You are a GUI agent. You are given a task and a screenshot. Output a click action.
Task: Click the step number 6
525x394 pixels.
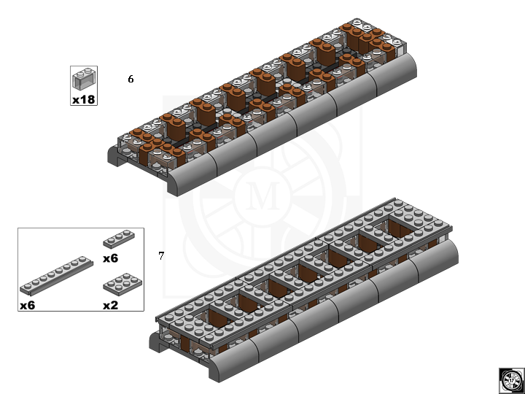(131, 79)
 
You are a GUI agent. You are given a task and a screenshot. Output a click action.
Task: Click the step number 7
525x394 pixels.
(161, 256)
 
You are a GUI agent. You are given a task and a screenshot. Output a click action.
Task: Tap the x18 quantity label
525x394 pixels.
(84, 99)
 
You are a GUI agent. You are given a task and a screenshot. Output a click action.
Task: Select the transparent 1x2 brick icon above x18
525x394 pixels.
(84, 79)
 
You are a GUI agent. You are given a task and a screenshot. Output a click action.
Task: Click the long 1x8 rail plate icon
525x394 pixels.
(56, 276)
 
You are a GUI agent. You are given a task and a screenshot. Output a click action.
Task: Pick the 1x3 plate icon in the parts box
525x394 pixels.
(119, 239)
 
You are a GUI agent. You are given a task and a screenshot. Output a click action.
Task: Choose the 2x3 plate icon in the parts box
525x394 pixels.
(122, 283)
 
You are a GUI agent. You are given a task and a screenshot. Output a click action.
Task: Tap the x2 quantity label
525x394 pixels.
(111, 305)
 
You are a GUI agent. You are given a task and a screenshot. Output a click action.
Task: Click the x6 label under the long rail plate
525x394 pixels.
(28, 305)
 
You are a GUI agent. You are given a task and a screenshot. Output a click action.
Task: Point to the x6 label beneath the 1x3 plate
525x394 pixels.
(111, 258)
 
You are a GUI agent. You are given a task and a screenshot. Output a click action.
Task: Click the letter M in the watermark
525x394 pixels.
(262, 196)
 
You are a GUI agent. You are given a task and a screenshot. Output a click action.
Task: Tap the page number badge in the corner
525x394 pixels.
(511, 381)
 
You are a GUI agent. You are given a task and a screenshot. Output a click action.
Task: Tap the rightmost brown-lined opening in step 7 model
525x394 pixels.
(401, 228)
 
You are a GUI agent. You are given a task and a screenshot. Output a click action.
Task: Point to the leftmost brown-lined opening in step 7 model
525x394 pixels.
(219, 316)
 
